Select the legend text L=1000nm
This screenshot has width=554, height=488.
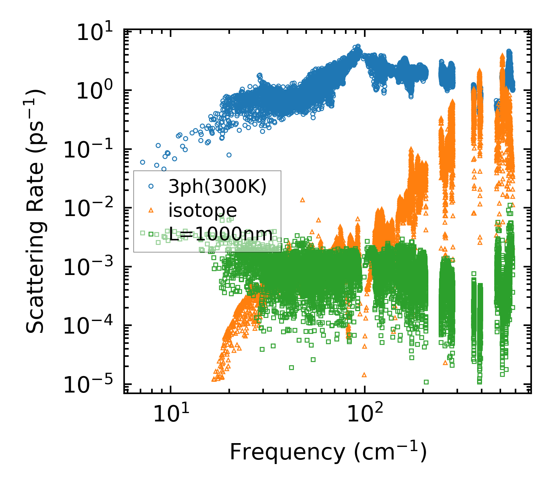tap(221, 234)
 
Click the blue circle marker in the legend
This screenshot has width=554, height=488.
tap(151, 186)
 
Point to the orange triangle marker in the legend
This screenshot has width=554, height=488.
tap(151, 210)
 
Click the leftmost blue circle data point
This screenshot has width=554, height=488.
tap(142, 162)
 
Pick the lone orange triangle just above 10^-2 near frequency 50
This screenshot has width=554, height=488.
tap(303, 200)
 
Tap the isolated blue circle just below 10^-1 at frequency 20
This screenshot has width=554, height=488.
tap(229, 155)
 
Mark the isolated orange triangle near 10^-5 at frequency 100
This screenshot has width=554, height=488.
tap(364, 375)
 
